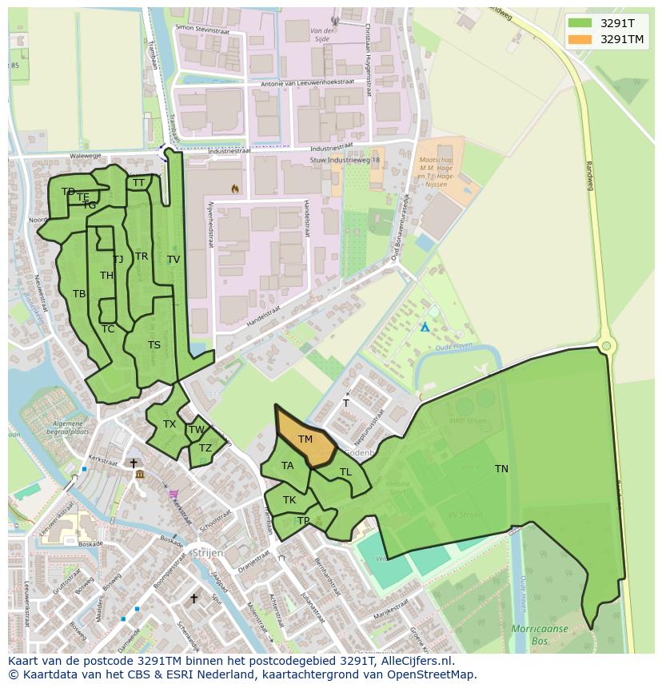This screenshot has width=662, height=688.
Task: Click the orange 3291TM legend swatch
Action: tap(583, 39)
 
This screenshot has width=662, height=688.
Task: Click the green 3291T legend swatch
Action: tap(583, 22)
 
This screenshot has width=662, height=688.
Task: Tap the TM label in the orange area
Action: tap(305, 439)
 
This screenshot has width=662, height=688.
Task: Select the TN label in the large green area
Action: tap(501, 469)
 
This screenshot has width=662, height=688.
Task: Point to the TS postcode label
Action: tap(154, 345)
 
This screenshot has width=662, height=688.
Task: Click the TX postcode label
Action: tap(169, 424)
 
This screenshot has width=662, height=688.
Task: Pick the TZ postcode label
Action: tap(205, 448)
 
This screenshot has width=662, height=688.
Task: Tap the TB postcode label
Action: tap(79, 294)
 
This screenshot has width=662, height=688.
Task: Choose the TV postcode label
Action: tap(173, 260)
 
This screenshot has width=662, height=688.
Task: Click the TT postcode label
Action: tap(139, 183)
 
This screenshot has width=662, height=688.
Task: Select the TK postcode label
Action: tap(289, 500)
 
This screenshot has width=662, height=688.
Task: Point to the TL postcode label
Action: tap(345, 472)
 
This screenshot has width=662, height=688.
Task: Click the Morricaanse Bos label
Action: tap(540, 634)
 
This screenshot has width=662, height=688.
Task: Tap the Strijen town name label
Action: tap(205, 553)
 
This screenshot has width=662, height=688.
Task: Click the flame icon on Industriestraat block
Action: tap(234, 189)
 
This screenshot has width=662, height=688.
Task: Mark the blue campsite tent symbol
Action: tap(425, 327)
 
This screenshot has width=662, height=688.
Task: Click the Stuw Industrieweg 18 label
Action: tap(345, 161)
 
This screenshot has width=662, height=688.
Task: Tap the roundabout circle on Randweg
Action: tap(606, 346)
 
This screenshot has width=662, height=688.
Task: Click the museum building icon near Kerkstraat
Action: tap(140, 475)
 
